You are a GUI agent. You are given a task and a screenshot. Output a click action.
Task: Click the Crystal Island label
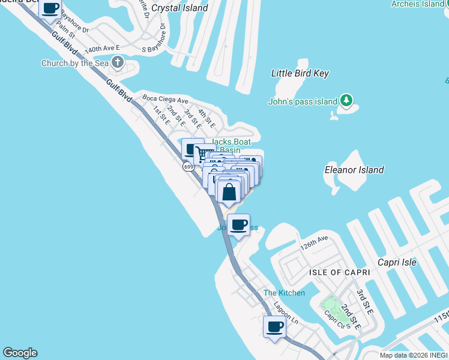point(179,8)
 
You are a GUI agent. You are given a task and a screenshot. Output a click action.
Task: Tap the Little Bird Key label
point(300,73)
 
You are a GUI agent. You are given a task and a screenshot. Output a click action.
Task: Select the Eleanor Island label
point(354,170)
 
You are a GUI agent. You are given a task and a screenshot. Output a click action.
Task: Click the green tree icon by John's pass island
point(346,101)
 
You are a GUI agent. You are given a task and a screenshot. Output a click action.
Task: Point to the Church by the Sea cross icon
point(117,62)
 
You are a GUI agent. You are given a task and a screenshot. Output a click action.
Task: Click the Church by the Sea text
point(74,63)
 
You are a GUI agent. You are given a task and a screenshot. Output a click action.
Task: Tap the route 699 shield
point(188,166)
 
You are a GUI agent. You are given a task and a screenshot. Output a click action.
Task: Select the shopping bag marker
point(229,193)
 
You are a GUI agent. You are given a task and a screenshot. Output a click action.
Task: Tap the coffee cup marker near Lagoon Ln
point(275,327)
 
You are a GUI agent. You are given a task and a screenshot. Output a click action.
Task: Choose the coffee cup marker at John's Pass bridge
point(239,225)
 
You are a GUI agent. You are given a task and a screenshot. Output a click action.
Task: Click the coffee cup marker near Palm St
point(51,8)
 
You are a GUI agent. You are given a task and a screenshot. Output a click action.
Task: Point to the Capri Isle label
point(397,262)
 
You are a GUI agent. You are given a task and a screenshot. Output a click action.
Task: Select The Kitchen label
point(284,293)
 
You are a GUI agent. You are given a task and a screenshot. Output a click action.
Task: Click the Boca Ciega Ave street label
point(164,100)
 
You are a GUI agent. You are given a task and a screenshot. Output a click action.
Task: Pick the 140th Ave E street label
point(102,48)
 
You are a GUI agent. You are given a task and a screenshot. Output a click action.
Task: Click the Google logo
point(20,353)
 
